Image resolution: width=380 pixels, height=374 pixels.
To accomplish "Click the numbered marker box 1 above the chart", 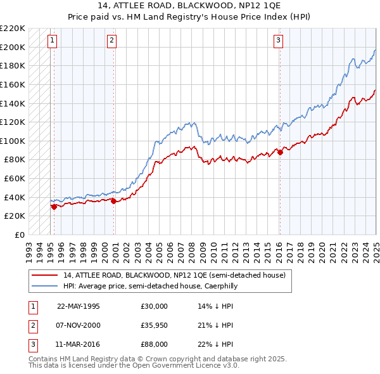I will (51, 41).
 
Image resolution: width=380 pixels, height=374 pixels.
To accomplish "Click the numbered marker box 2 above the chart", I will (111, 41).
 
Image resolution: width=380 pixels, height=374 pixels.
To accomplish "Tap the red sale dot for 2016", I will (280, 152).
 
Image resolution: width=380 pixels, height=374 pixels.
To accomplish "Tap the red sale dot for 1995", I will (54, 206).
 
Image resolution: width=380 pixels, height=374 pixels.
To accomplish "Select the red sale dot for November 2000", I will (114, 201).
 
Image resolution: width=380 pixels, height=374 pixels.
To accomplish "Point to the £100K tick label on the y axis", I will (12, 141).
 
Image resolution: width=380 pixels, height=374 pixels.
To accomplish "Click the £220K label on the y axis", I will (12, 29).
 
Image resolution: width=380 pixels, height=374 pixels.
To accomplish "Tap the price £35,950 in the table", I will (155, 325).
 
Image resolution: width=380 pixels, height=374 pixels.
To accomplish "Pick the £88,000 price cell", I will (155, 344).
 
